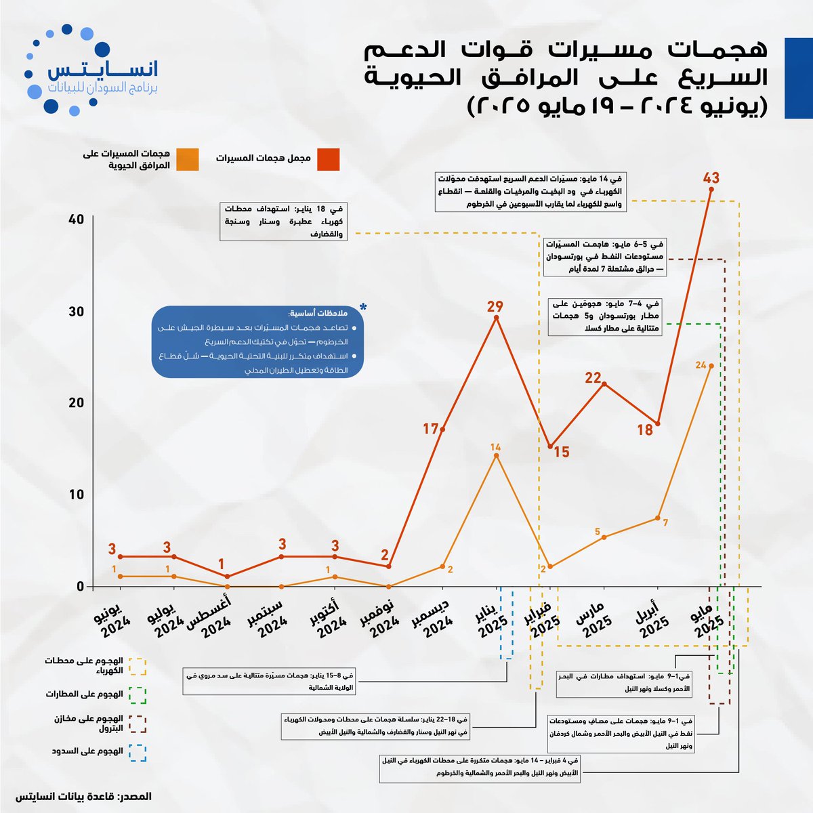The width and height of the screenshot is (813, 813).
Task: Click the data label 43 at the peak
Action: pyautogui.click(x=711, y=178)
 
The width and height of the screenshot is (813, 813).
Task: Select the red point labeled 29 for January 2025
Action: pyautogui.click(x=497, y=317)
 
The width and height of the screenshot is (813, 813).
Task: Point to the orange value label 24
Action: pyautogui.click(x=701, y=365)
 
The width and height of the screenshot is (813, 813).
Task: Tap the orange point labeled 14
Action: pyautogui.click(x=496, y=456)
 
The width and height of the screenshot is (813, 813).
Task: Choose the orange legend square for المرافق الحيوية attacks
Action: pyautogui.click(x=188, y=159)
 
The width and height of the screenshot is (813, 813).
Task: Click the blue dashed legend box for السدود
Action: pyautogui.click(x=138, y=753)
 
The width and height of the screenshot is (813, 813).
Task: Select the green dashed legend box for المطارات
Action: pyautogui.click(x=138, y=695)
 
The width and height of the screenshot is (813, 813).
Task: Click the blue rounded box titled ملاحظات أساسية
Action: pyautogui.click(x=257, y=342)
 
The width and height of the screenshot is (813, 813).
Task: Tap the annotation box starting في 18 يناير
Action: pyautogui.click(x=283, y=221)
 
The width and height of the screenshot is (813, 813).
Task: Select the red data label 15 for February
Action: pyautogui.click(x=561, y=452)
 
